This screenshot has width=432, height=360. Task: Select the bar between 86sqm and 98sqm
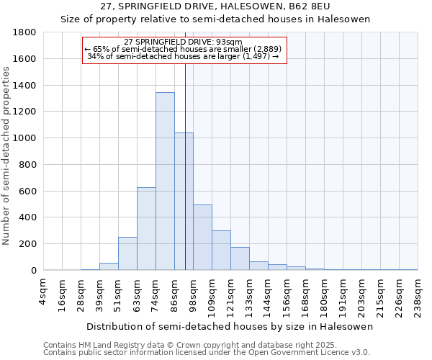point(184,202)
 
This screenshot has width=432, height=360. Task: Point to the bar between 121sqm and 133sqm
point(240,258)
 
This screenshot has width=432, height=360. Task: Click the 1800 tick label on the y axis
point(25,32)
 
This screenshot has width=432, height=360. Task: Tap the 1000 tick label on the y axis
point(25,138)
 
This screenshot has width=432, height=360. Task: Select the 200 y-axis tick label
point(28,244)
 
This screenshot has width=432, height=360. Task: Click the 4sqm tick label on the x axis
point(44,292)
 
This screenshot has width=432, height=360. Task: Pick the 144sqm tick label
point(269,295)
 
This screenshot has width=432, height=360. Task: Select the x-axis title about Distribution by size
point(230,327)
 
